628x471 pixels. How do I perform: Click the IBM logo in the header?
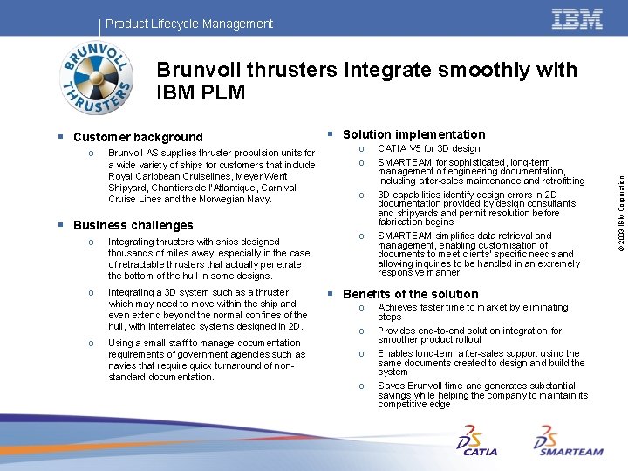pos(577,20)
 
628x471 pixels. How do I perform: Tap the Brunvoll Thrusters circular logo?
pos(97,78)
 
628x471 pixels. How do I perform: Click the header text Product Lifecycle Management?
pos(188,24)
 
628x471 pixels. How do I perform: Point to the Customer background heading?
pos(138,137)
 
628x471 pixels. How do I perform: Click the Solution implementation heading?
pos(413,134)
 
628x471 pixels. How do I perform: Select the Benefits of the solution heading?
pos(410,294)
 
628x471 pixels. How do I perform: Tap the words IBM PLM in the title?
pos(201,92)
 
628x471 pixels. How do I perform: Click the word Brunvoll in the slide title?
pos(208,69)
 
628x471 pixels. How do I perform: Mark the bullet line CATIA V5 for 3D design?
pos(428,149)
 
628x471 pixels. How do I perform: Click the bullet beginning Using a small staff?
pos(206,360)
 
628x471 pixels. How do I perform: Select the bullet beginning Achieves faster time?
pos(472,311)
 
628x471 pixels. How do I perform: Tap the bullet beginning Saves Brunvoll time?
pos(482,395)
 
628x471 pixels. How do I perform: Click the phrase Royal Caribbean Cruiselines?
pos(166,176)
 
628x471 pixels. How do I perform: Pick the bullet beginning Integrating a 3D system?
pos(207,310)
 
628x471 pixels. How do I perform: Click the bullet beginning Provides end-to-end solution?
pos(469,335)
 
